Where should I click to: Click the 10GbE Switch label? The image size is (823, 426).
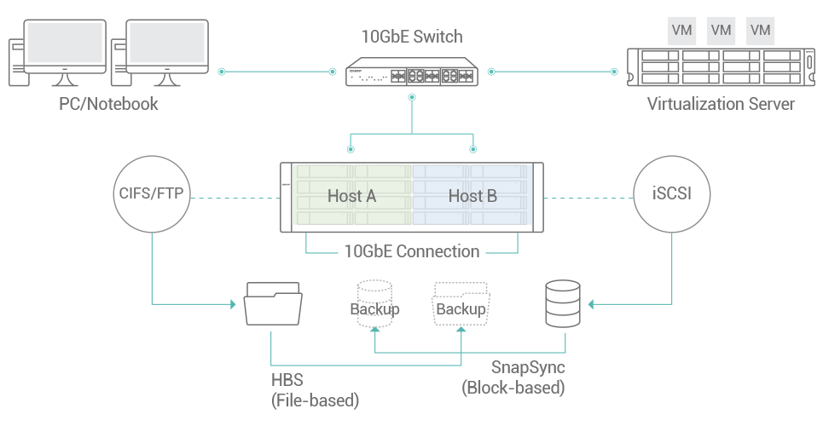412,36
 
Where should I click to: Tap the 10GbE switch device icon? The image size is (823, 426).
412,74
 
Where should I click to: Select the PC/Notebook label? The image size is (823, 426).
108,104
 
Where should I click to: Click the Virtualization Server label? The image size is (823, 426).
721,104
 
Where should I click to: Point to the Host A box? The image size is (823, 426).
351,196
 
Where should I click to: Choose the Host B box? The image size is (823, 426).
472,196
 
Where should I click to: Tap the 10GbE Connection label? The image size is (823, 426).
412,251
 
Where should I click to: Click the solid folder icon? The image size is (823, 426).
272,303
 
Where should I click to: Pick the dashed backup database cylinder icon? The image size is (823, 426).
375,303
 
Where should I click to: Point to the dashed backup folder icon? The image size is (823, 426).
461,303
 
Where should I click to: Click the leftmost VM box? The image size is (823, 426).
681,30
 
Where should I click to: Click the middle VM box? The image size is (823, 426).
721,30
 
